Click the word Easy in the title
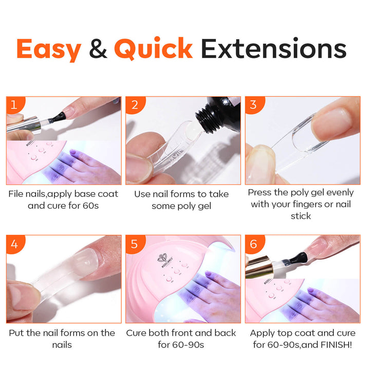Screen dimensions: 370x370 [49, 49]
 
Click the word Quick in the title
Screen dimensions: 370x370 [153, 48]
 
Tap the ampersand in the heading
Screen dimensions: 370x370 [98, 48]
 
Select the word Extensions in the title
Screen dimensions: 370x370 [274, 48]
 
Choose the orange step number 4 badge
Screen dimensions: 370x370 [14, 244]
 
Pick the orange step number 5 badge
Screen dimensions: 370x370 [135, 244]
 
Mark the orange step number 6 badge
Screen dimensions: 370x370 [254, 244]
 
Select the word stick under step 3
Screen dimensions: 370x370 [301, 216]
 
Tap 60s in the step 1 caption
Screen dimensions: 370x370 [90, 206]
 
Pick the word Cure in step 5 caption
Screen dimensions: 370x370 [136, 333]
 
